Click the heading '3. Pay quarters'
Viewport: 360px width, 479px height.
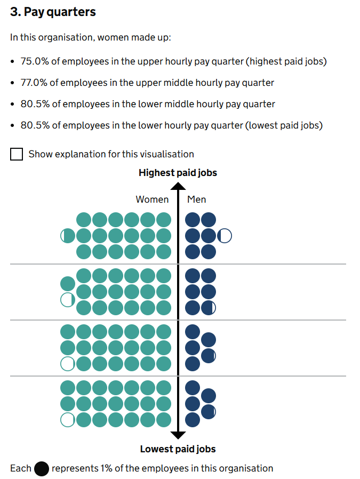53,12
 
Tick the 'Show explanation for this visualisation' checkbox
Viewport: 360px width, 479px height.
17,154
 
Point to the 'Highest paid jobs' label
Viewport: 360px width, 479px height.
178,173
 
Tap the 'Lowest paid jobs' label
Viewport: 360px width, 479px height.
178,449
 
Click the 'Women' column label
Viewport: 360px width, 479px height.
152,199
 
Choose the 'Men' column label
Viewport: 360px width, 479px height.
196,199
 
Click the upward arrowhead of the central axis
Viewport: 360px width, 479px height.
178,187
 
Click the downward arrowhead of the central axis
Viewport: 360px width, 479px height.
178,434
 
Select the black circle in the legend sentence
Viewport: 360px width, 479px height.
42,469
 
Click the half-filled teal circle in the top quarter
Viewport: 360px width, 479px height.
68,236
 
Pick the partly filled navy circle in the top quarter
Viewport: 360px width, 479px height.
225,236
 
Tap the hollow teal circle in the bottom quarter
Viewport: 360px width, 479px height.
68,420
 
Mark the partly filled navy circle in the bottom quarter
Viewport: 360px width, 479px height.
209,411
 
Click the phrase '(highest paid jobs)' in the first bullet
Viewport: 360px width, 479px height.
286,61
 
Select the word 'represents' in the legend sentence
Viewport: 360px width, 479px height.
75,469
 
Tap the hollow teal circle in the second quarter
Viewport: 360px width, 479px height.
68,300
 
